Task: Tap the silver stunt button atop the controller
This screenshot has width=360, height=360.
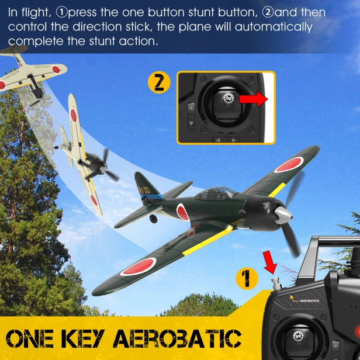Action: pos(276,285)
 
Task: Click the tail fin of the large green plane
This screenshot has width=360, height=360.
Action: pos(144,185)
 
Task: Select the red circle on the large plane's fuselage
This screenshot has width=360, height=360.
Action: pos(182,212)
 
